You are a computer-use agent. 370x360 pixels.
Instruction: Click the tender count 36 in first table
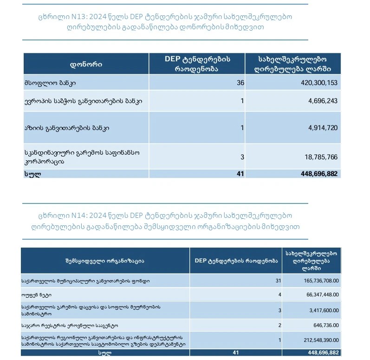click(240, 83)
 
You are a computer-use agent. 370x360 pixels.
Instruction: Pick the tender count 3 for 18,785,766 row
click(242, 157)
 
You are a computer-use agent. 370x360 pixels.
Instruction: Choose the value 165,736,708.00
click(314, 281)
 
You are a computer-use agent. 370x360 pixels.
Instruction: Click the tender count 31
click(278, 281)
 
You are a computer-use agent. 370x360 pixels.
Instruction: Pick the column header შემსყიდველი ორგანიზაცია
click(105, 260)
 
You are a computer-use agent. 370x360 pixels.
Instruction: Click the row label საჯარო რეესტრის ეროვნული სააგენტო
click(69, 325)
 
